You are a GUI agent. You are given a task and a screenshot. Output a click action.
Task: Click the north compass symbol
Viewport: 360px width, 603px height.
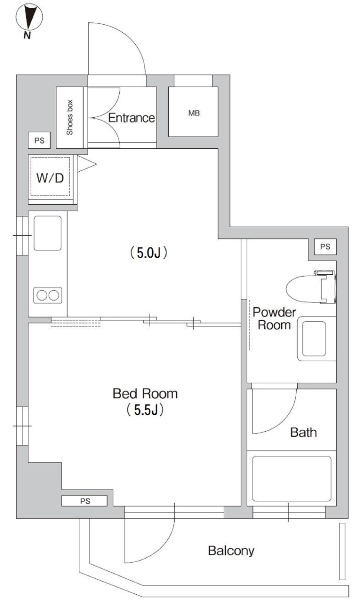pos(29,17)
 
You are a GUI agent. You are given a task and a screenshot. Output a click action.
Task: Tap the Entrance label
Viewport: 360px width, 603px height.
pos(131,118)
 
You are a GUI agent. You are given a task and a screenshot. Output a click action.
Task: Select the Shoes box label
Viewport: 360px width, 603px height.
pos(70,117)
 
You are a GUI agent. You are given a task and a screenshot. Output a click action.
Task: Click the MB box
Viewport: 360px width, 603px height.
pos(193,112)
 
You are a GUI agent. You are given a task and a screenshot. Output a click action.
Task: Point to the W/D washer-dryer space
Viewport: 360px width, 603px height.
pos(50,177)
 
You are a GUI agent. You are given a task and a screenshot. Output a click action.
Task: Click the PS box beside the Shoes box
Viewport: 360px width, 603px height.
pos(39,141)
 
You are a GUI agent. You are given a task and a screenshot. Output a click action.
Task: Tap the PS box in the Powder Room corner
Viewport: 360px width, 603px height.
pos(325,247)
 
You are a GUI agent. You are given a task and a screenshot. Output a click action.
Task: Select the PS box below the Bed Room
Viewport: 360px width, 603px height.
pos(85,501)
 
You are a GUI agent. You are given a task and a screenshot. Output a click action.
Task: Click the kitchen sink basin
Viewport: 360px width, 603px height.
pos(48,233)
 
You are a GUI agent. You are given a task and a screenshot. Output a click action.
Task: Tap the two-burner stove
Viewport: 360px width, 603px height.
pos(48,295)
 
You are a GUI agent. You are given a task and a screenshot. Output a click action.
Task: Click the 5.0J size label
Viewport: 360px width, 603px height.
pos(148,253)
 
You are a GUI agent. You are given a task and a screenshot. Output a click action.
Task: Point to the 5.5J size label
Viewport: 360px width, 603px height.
pos(145,410)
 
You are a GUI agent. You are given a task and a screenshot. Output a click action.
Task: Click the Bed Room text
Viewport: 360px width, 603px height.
pos(145,394)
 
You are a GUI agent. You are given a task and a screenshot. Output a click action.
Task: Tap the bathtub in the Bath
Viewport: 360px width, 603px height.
pos(291,479)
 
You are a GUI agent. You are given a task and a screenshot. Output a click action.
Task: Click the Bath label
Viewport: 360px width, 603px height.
pos(303,432)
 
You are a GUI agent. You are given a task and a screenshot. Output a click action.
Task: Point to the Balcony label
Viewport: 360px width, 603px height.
pos(231,551)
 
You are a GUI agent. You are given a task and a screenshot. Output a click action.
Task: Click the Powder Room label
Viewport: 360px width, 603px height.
pos(274,319)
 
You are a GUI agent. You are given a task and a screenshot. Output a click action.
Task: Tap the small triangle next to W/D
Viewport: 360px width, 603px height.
pos(85,164)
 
